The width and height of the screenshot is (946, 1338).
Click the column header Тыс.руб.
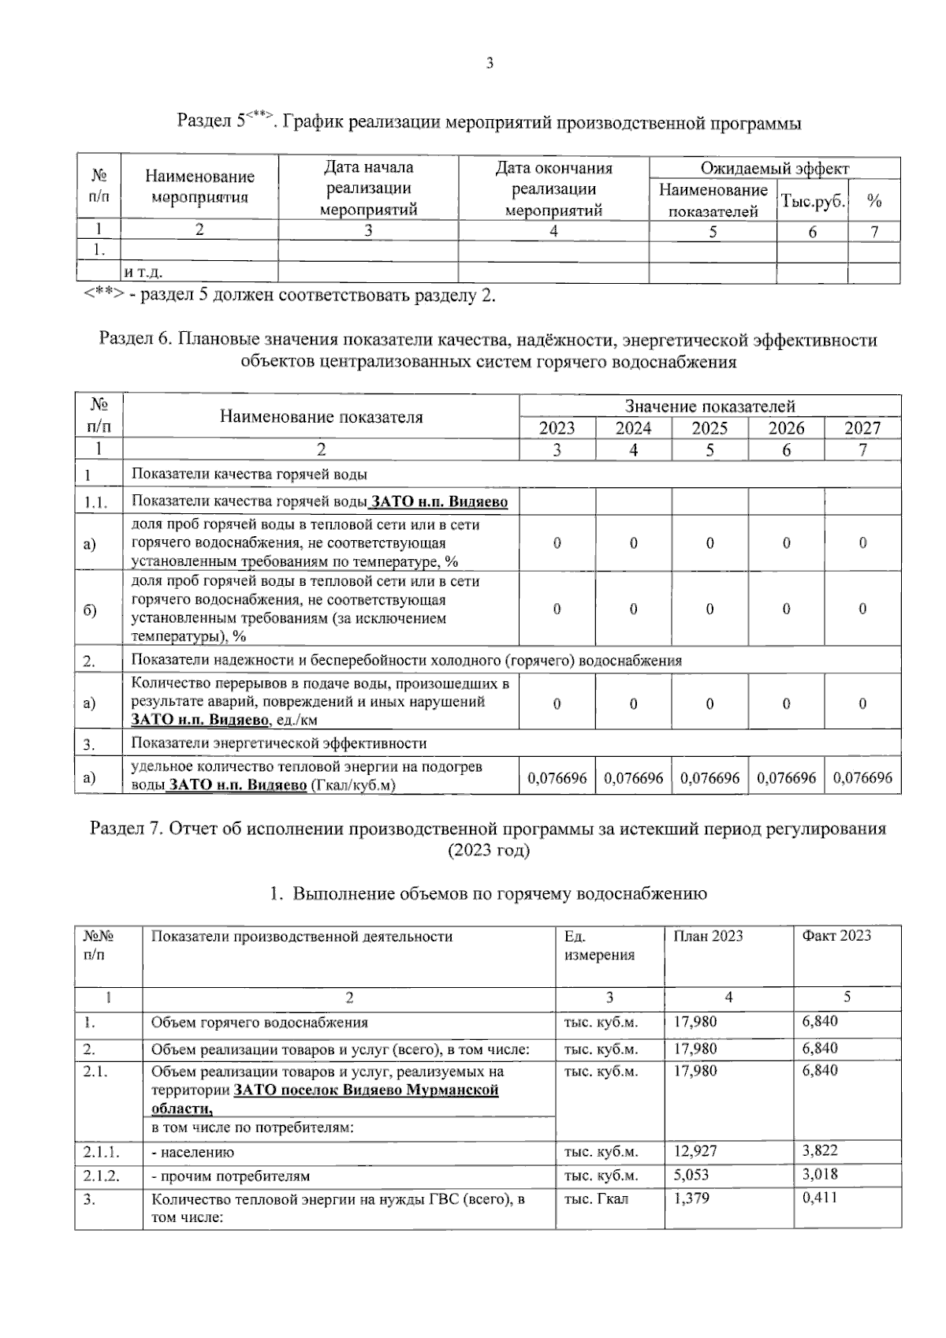[x=812, y=201]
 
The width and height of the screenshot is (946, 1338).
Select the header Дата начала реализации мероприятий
[x=368, y=188]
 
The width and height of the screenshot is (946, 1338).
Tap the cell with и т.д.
[x=143, y=273]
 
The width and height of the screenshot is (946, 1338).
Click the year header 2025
[x=709, y=428]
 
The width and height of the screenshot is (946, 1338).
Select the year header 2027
[x=862, y=428]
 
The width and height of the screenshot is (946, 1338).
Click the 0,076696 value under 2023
[x=557, y=777]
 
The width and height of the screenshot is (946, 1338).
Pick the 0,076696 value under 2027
[x=862, y=777]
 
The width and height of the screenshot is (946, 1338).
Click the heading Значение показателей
[x=709, y=406]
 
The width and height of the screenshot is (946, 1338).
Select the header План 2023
[x=708, y=936]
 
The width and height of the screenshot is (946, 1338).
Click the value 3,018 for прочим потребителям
[x=820, y=1175]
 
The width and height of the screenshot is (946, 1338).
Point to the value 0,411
[x=820, y=1198]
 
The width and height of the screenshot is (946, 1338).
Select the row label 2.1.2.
[x=102, y=1175]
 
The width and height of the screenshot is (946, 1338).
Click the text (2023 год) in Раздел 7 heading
[x=488, y=851]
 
